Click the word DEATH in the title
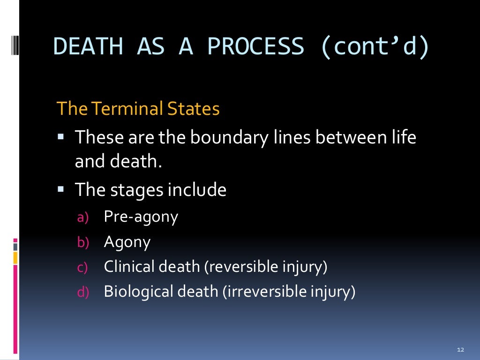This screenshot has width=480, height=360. (x=89, y=47)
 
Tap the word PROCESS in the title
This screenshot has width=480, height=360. (x=255, y=47)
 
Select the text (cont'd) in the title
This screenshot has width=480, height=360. (x=375, y=47)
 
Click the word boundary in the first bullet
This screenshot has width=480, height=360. (x=226, y=138)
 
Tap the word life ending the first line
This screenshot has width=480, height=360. (x=403, y=138)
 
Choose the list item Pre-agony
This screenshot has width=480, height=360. (x=141, y=217)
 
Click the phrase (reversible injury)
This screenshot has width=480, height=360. (x=265, y=267)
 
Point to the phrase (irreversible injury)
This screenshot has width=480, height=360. (x=289, y=292)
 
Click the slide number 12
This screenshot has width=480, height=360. (x=460, y=350)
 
